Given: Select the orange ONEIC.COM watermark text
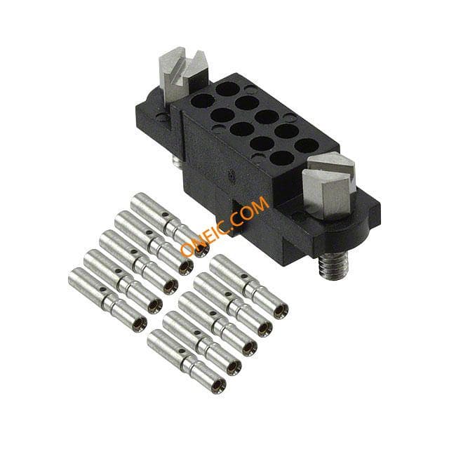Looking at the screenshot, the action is [x=225, y=226].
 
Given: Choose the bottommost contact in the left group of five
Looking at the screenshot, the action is [x=107, y=300].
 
